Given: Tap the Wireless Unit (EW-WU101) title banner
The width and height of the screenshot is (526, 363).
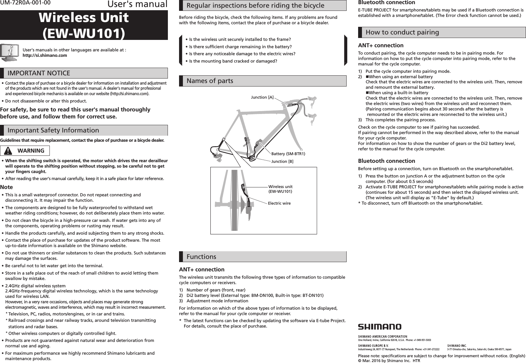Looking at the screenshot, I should [x=84, y=25].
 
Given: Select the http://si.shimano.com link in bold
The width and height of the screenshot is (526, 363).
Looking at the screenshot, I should [x=45, y=56].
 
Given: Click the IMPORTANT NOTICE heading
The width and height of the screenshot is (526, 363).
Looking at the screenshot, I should [x=39, y=73].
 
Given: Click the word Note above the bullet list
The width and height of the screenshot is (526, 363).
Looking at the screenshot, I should [x=7, y=187].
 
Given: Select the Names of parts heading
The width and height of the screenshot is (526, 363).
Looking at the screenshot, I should [x=210, y=81].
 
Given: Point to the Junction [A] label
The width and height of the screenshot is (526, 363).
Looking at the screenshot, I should [x=262, y=97].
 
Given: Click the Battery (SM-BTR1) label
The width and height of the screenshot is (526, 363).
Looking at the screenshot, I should [x=288, y=154].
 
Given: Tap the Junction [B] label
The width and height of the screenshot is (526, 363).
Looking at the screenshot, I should [x=282, y=161].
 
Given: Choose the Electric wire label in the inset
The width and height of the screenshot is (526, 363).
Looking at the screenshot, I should [x=279, y=203].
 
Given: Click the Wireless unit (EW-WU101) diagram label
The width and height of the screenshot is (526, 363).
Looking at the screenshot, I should [x=280, y=189].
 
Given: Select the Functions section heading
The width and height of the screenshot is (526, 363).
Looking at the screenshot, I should [x=201, y=257].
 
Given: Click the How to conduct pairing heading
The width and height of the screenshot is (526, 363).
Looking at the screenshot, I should [x=402, y=32].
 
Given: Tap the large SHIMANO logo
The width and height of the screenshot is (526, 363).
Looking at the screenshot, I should [x=379, y=327].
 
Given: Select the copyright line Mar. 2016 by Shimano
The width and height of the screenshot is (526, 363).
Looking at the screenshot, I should [x=389, y=361].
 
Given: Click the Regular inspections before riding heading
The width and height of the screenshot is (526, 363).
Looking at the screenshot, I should [x=255, y=5].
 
